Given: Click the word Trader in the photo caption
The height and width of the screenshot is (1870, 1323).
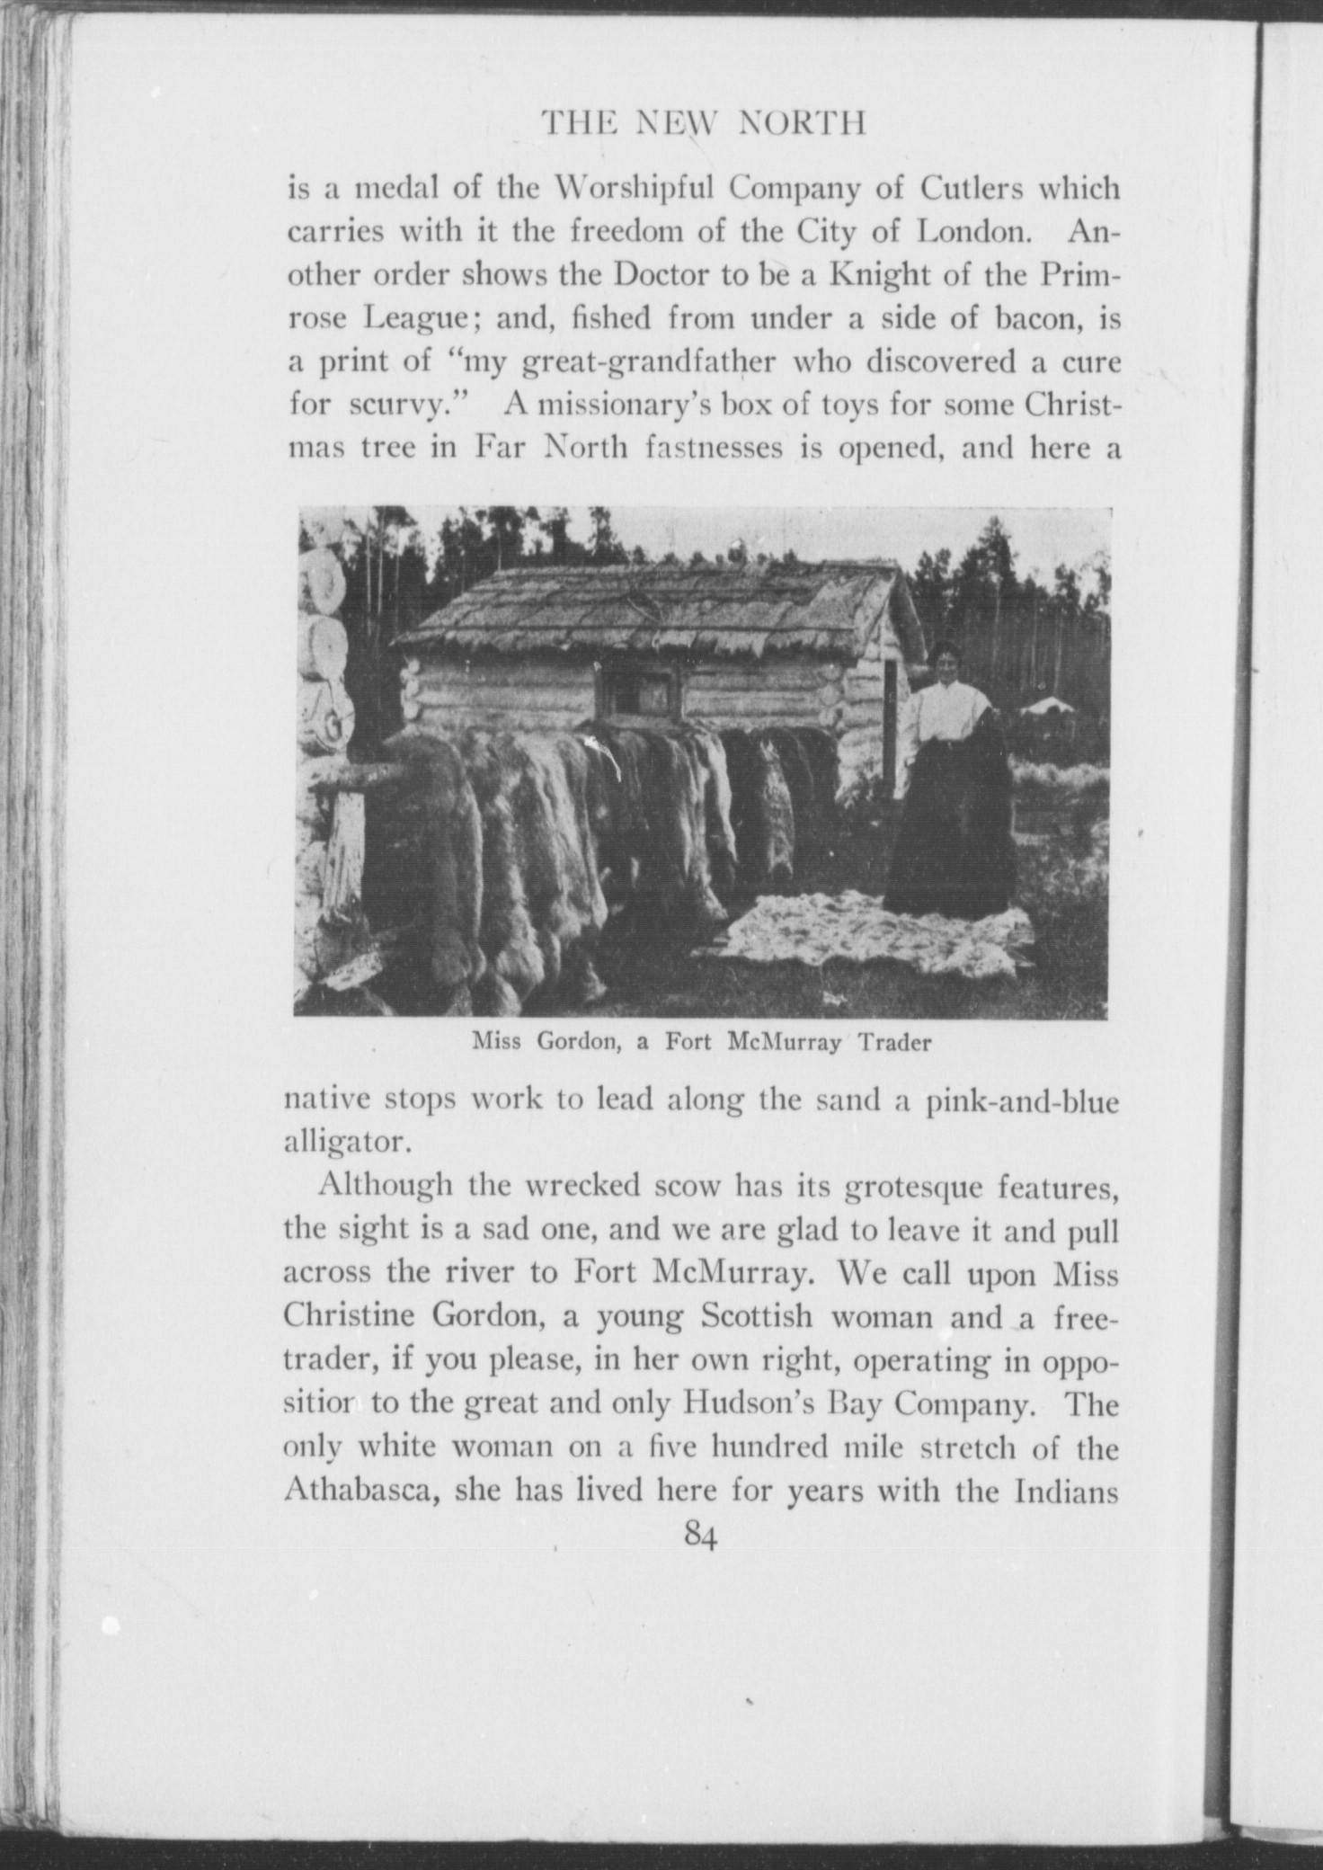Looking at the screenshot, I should (x=893, y=1043).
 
